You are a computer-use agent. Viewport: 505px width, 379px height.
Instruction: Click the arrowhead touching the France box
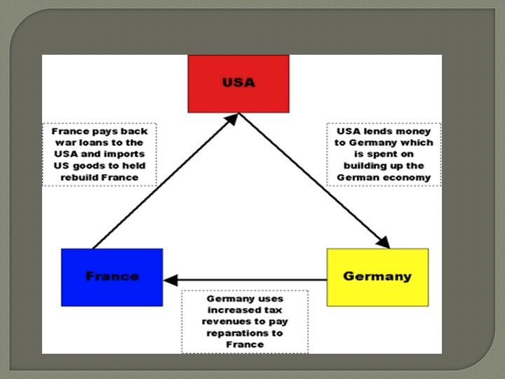click(x=169, y=280)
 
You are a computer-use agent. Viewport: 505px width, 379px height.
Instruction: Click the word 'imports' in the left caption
click(x=127, y=154)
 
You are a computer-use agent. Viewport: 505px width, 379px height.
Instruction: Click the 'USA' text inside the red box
click(x=238, y=83)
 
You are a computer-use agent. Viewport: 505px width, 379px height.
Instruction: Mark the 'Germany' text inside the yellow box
click(x=377, y=277)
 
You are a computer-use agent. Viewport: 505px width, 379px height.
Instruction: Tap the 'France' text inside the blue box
click(x=112, y=277)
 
